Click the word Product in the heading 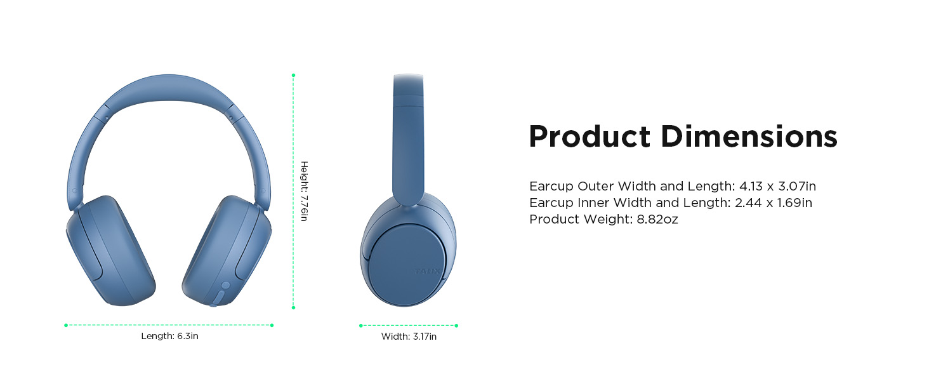click(590, 137)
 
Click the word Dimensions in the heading click(749, 137)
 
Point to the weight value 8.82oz click(657, 220)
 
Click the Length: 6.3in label click(169, 336)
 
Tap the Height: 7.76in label click(304, 191)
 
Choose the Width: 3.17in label click(409, 337)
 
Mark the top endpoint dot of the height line click(293, 76)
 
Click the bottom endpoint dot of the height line click(293, 307)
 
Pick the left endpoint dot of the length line click(66, 325)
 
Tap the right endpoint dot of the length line click(272, 325)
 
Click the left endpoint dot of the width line click(360, 326)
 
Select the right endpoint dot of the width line click(456, 326)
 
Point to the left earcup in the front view click(110, 251)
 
